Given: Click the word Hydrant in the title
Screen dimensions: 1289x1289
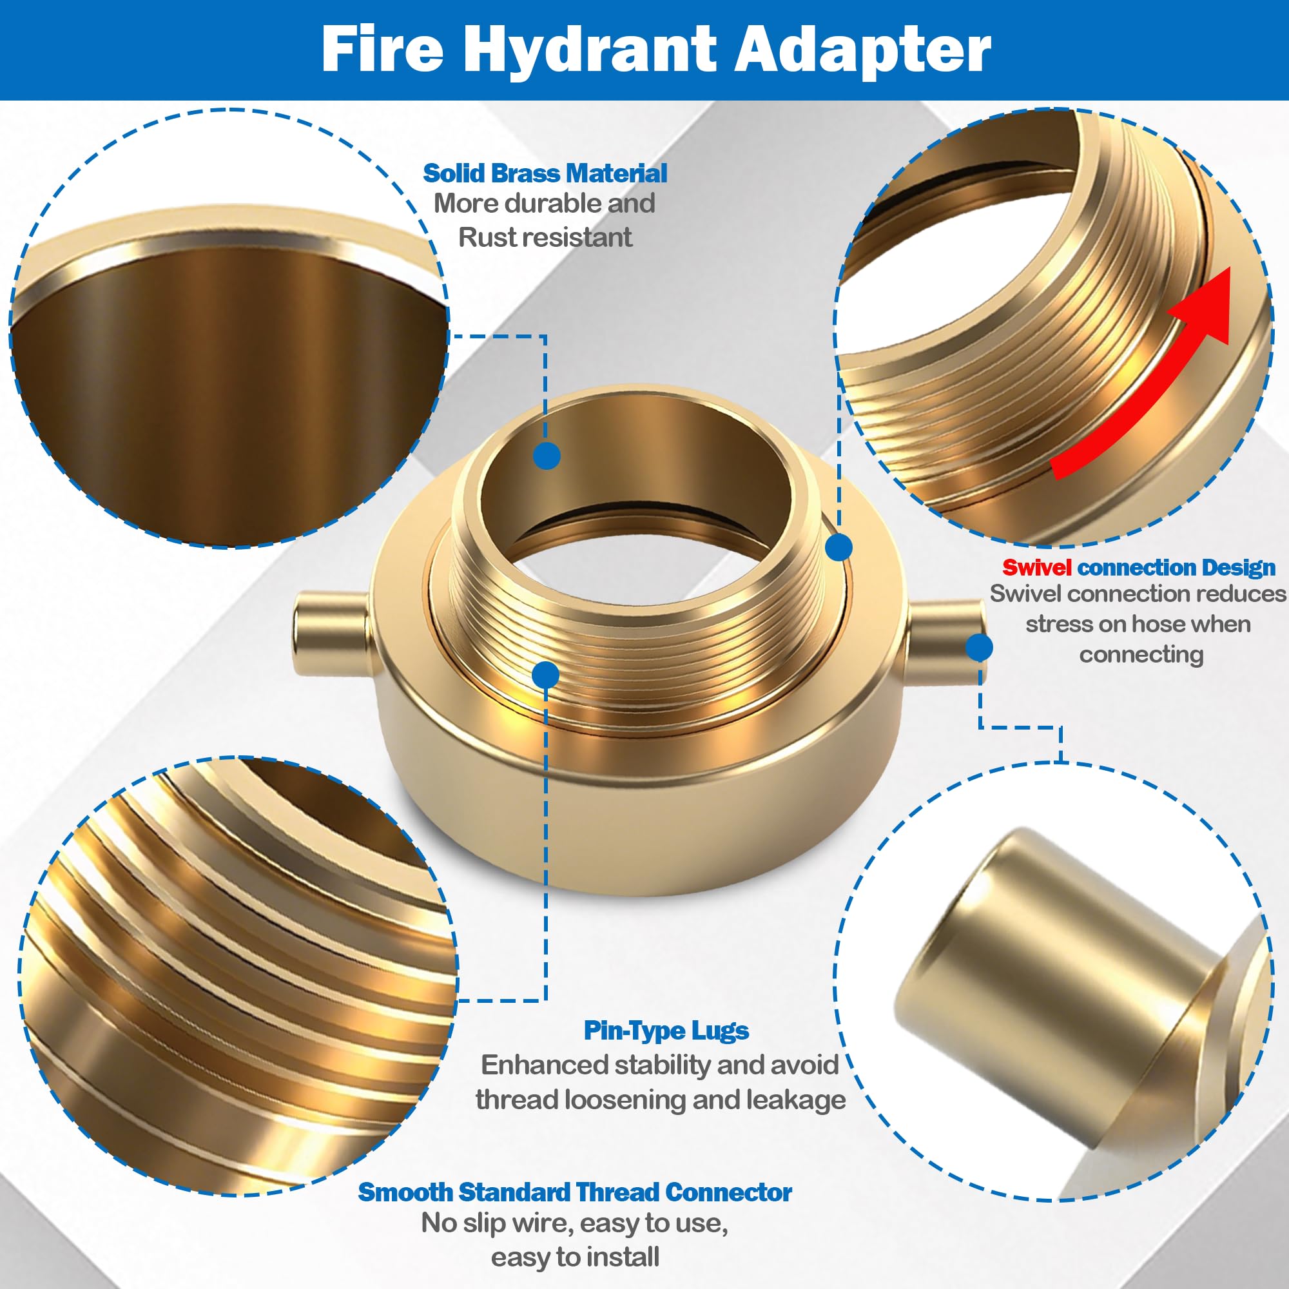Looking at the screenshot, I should (590, 50).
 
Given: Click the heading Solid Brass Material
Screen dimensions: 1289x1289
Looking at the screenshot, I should (545, 173).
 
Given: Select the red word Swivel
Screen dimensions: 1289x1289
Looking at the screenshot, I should (1036, 568).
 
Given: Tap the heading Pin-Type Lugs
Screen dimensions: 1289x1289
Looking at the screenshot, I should (666, 1031).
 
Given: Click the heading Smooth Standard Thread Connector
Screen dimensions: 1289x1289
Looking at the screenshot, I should (574, 1192).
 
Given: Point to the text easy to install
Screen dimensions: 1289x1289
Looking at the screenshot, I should (574, 1257).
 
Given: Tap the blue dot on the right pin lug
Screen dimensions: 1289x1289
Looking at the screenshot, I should (979, 647).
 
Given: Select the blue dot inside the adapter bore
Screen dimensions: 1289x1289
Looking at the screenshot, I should (547, 456).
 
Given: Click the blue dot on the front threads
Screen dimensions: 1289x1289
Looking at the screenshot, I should (546, 675).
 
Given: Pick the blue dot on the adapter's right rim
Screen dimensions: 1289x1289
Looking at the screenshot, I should (838, 547).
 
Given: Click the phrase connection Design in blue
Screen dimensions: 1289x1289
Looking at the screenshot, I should (1176, 568).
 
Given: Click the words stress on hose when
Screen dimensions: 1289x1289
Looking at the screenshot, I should (1138, 625).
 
